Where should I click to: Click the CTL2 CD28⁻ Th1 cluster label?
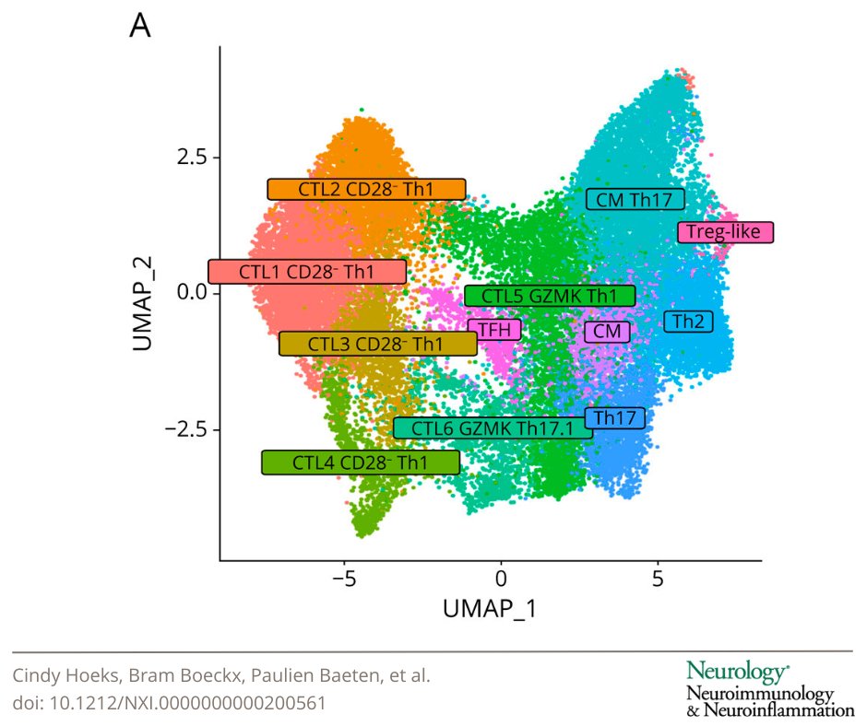[x=366, y=189]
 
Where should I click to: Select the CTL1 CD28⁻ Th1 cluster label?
[x=307, y=272]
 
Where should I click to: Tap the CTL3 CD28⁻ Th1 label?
[x=377, y=344]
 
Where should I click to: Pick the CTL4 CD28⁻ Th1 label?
[x=360, y=463]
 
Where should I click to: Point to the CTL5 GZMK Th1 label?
[x=550, y=296]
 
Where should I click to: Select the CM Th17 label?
[x=635, y=199]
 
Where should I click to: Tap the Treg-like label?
[x=725, y=232]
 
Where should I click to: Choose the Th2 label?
[x=688, y=322]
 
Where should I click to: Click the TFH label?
[x=494, y=329]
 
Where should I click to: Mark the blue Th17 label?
[x=614, y=418]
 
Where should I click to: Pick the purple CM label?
[x=607, y=331]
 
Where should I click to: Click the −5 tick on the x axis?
[x=344, y=580]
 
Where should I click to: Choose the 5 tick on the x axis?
[x=658, y=580]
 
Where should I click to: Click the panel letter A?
[x=140, y=26]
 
